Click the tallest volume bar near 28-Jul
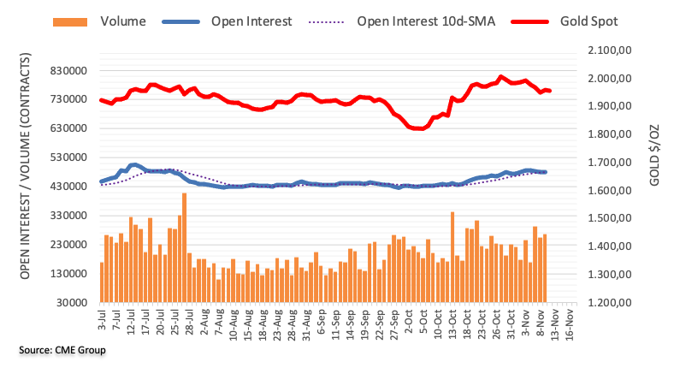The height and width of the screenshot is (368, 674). pos(184,247)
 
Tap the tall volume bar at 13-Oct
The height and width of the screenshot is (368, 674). pos(452,257)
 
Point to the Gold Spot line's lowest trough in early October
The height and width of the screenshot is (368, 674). pos(418,128)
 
